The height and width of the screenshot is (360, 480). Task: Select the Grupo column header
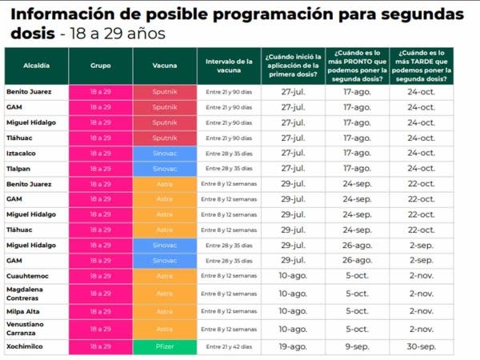pyautogui.click(x=100, y=64)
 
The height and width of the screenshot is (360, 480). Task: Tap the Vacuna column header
pyautogui.click(x=164, y=64)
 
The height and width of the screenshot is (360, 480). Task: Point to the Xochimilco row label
pyautogui.click(x=25, y=346)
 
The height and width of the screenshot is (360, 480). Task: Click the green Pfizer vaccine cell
pyautogui.click(x=164, y=346)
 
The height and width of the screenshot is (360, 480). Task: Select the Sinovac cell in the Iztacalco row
pyautogui.click(x=164, y=153)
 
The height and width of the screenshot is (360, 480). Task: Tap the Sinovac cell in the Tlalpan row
pyautogui.click(x=164, y=168)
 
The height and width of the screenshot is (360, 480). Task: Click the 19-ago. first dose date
pyautogui.click(x=293, y=346)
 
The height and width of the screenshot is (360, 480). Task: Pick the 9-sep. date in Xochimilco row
pyautogui.click(x=356, y=346)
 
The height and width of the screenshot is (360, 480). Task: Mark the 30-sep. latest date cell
pyautogui.click(x=421, y=346)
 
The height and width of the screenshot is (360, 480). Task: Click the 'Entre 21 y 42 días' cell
pyautogui.click(x=229, y=346)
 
